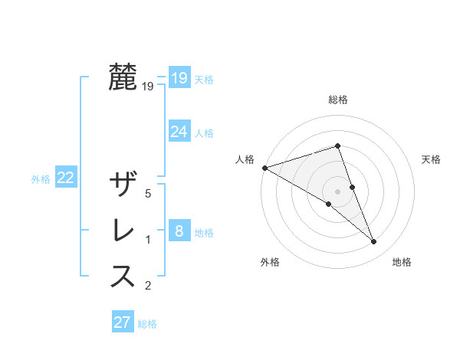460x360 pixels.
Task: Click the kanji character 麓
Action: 123,78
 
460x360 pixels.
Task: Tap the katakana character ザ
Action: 123,185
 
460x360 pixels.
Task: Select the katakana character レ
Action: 123,231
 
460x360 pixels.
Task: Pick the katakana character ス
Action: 123,277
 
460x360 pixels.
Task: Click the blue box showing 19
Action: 179,78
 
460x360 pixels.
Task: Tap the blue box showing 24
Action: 179,132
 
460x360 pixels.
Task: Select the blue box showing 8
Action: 179,231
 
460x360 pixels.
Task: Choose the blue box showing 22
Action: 66,178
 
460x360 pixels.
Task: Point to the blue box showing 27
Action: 123,322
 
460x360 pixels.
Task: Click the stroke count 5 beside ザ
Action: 148,194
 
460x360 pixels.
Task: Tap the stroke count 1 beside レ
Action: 148,240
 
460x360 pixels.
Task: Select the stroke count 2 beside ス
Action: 148,286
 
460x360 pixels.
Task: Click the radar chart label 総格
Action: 338,100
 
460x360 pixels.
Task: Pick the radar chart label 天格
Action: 432,159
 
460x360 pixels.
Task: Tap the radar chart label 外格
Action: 270,262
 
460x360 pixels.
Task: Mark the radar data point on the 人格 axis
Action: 264,167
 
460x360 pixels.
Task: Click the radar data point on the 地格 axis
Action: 374,242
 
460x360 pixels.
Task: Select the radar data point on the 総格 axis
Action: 337,146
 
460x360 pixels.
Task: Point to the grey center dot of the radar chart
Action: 337,191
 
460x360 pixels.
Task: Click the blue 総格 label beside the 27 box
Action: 147,324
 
